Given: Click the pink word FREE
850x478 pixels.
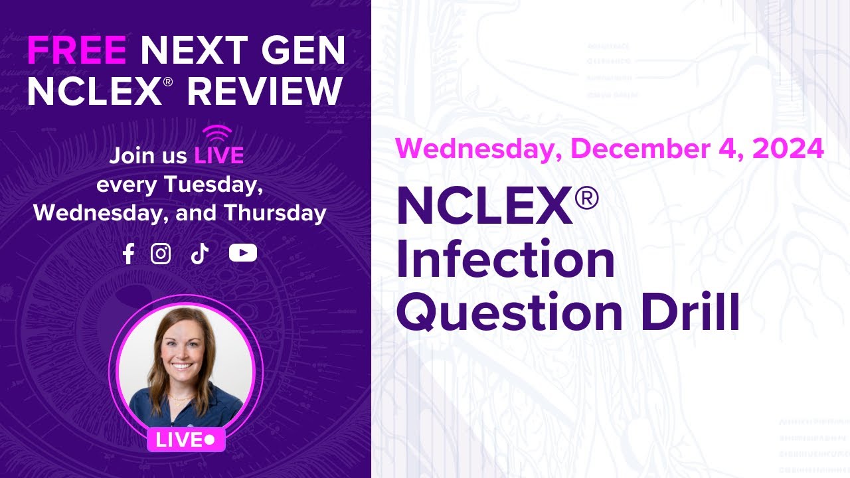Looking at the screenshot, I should point(76,51).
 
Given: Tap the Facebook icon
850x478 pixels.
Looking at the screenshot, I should point(128,253).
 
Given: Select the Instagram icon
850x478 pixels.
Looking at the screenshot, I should point(161,253).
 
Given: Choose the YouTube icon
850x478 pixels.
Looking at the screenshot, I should point(242,253).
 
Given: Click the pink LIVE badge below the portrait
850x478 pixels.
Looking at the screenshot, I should point(185,439).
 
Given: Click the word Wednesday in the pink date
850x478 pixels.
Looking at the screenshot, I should point(473,149).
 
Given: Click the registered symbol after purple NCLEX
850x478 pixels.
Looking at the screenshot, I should point(586,199).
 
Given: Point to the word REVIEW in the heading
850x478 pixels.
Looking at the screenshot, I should point(265,91).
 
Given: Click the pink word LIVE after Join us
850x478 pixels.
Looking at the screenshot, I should point(218,156).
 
